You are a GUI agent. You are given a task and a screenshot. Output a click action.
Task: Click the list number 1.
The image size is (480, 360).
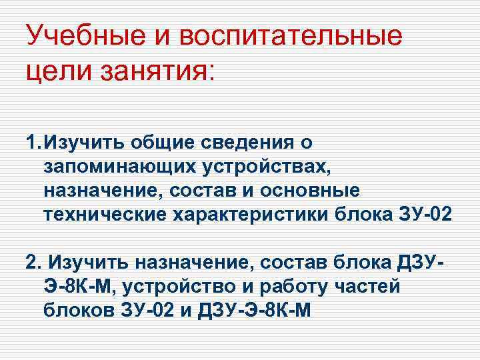[x=31, y=142]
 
